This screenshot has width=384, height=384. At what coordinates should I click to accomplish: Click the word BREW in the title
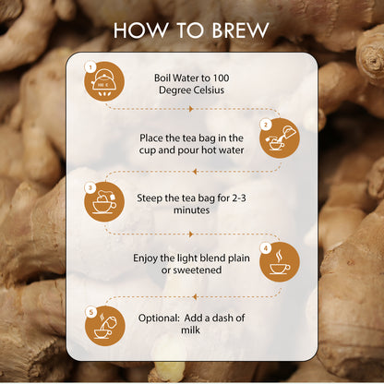coord(241,30)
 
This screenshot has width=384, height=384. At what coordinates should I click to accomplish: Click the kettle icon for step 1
coord(104,81)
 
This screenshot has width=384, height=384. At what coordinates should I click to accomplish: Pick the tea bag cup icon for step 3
coord(104,201)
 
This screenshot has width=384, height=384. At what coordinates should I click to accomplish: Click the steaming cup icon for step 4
coord(280,262)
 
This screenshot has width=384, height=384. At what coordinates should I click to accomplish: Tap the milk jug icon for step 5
coord(105,326)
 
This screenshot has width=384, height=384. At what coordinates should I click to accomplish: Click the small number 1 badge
coord(90,67)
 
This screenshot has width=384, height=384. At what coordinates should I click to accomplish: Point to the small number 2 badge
coord(266,125)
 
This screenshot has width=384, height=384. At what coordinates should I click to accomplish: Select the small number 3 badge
coord(90,187)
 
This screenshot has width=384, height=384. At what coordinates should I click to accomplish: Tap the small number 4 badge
coord(266,248)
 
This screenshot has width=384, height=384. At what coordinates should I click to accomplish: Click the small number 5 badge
coord(91,313)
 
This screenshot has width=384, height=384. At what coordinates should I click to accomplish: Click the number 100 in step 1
coord(221,78)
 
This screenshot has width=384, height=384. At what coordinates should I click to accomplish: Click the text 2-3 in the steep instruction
coord(239,198)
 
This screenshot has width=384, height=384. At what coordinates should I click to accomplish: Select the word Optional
coord(159,318)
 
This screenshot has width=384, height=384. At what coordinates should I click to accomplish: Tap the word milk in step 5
coord(191,330)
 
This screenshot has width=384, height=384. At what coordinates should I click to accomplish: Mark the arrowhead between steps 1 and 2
coord(191,109)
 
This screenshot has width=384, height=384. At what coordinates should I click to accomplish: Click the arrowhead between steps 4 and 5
coord(194,297)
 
